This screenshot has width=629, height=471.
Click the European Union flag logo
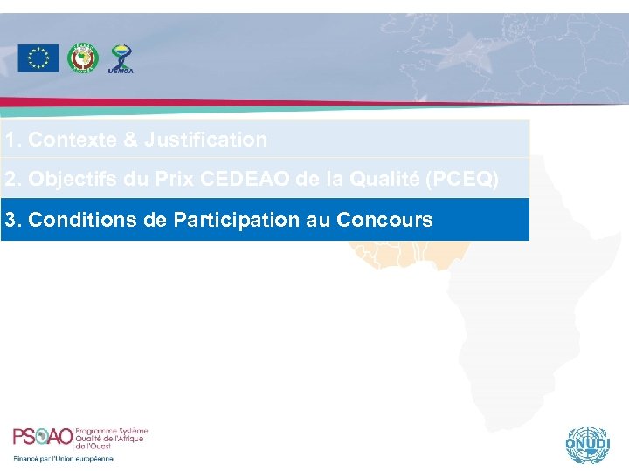tap(38, 58)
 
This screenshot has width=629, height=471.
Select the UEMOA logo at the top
tap(121, 58)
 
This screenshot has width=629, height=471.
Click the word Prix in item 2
tap(175, 180)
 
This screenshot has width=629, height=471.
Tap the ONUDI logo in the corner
tap(584, 444)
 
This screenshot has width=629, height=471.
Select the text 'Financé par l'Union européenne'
tap(63, 459)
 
